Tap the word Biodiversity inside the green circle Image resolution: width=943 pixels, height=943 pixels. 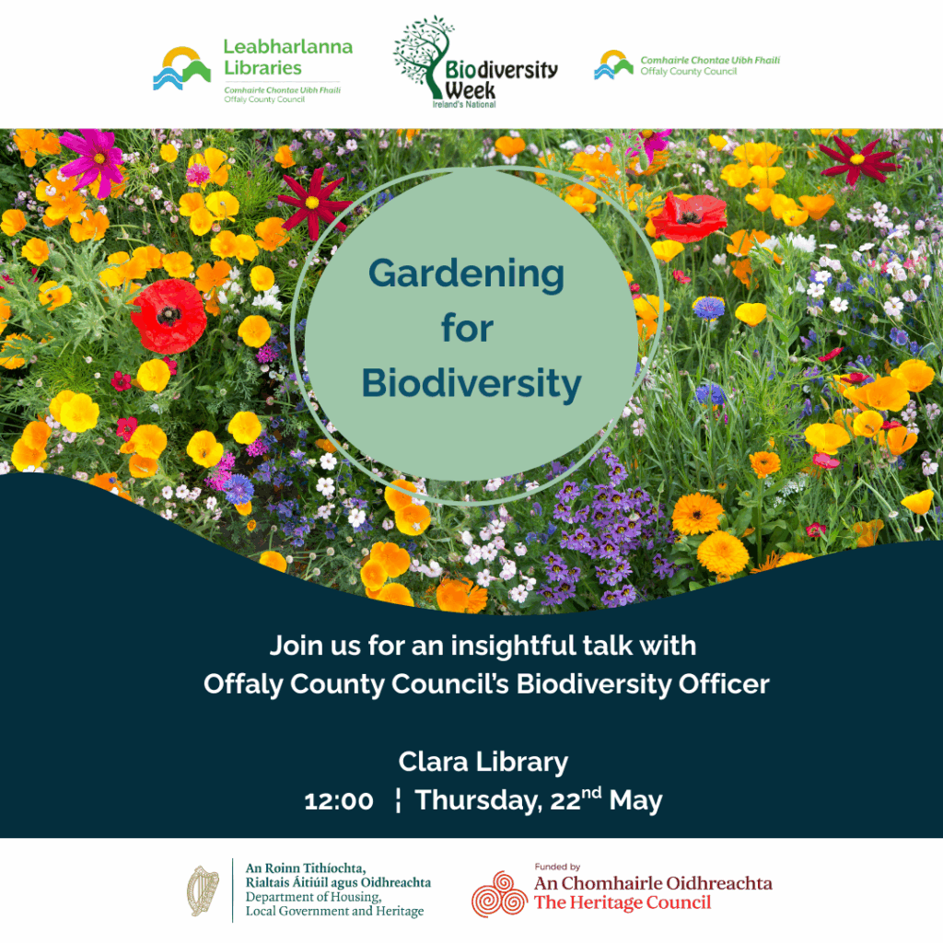pyautogui.click(x=471, y=384)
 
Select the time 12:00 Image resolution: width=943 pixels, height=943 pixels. pyautogui.click(x=339, y=801)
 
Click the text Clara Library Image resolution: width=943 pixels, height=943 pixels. pyautogui.click(x=483, y=763)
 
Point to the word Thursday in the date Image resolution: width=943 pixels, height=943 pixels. pyautogui.click(x=479, y=802)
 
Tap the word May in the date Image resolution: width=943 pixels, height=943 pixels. pyautogui.click(x=635, y=802)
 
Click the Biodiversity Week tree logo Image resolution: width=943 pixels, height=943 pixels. pyautogui.click(x=475, y=63)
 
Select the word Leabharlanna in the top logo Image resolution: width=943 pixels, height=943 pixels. pyautogui.click(x=288, y=47)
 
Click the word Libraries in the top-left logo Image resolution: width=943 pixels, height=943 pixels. pyautogui.click(x=262, y=68)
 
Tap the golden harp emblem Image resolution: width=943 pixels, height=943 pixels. pyautogui.click(x=203, y=891)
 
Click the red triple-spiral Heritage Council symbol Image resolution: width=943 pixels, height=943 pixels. pyautogui.click(x=500, y=894)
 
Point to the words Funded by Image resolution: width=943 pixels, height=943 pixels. pyautogui.click(x=557, y=867)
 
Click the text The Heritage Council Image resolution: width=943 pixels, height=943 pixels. pyautogui.click(x=623, y=902)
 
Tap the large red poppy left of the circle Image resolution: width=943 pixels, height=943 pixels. pyautogui.click(x=169, y=317)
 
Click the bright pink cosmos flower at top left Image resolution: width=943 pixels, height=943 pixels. pyautogui.click(x=94, y=159)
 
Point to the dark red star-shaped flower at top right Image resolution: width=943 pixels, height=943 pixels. pyautogui.click(x=858, y=159)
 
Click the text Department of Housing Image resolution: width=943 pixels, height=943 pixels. pyautogui.click(x=313, y=897)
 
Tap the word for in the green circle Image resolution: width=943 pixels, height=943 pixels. pyautogui.click(x=467, y=329)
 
